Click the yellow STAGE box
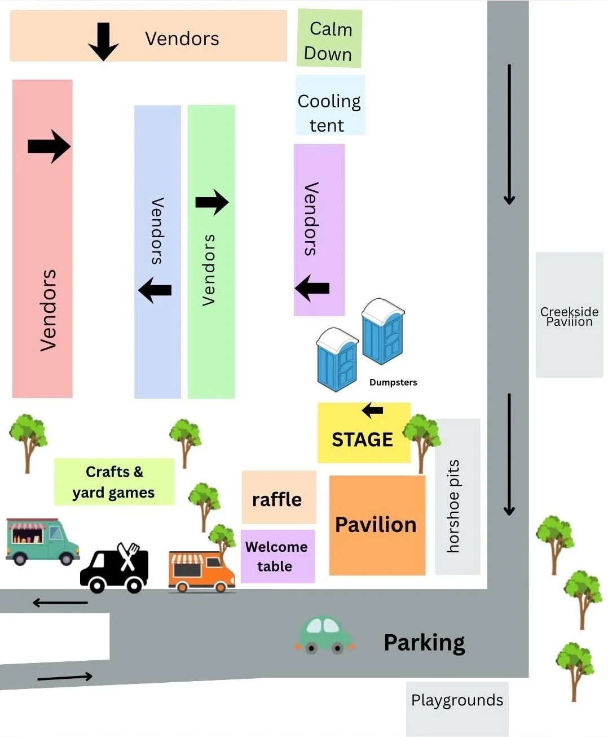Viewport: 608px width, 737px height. [364, 433]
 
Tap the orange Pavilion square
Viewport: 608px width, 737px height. [377, 525]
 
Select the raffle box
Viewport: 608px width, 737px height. [279, 497]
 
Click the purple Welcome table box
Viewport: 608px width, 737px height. [277, 556]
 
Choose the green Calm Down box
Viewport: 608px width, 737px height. [329, 38]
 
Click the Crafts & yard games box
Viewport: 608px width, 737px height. [114, 482]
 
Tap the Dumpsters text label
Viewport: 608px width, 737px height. [393, 382]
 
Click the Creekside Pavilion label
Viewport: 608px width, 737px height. [569, 316]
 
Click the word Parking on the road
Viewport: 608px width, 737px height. [424, 643]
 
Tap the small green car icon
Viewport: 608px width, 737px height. [325, 635]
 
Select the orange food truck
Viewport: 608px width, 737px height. [201, 572]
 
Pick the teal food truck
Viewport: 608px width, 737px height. [42, 542]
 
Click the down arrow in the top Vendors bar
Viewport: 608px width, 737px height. [103, 42]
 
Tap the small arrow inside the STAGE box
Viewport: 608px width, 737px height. [373, 411]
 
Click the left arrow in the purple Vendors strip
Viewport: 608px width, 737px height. [312, 288]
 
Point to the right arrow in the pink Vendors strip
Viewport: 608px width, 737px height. [49, 146]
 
